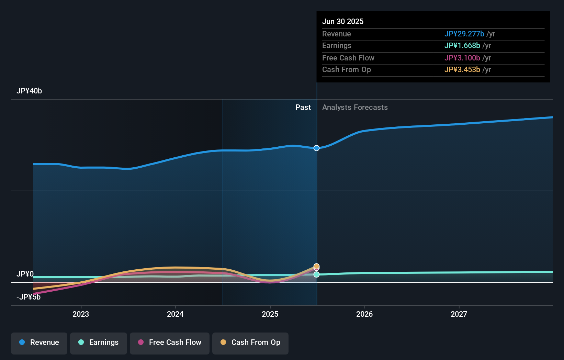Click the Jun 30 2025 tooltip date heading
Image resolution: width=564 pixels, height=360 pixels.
coord(342,21)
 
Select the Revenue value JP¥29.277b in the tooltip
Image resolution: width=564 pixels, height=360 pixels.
coord(464,34)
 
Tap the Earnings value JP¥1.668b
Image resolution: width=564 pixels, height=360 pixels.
coord(462,46)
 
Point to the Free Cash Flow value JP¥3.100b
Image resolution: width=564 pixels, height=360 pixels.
coord(462,58)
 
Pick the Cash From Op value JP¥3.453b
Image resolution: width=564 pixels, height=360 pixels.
coord(462,70)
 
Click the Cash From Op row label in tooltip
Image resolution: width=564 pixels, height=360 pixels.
coord(346,70)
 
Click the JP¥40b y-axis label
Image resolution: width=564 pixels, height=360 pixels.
coord(29,91)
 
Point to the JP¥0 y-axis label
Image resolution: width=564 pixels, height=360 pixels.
coord(25,274)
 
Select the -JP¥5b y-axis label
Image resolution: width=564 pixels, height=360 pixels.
coord(29,297)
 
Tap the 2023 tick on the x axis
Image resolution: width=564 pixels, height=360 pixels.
coord(81,314)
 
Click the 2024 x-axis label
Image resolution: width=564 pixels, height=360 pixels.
coord(175,314)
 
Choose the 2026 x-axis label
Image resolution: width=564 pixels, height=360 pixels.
coord(364,314)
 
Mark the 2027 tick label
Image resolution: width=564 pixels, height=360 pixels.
coord(459,314)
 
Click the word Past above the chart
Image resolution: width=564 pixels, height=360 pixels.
coord(303,108)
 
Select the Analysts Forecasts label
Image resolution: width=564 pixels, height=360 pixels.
coord(355,108)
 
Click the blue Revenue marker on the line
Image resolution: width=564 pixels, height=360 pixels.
coord(316,148)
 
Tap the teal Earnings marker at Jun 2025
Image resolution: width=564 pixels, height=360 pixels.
coord(316,274)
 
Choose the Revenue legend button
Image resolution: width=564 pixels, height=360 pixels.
coord(39,342)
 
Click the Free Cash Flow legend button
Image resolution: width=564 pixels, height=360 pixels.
coord(170,342)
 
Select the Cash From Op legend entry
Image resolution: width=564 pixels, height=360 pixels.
coord(250,342)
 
